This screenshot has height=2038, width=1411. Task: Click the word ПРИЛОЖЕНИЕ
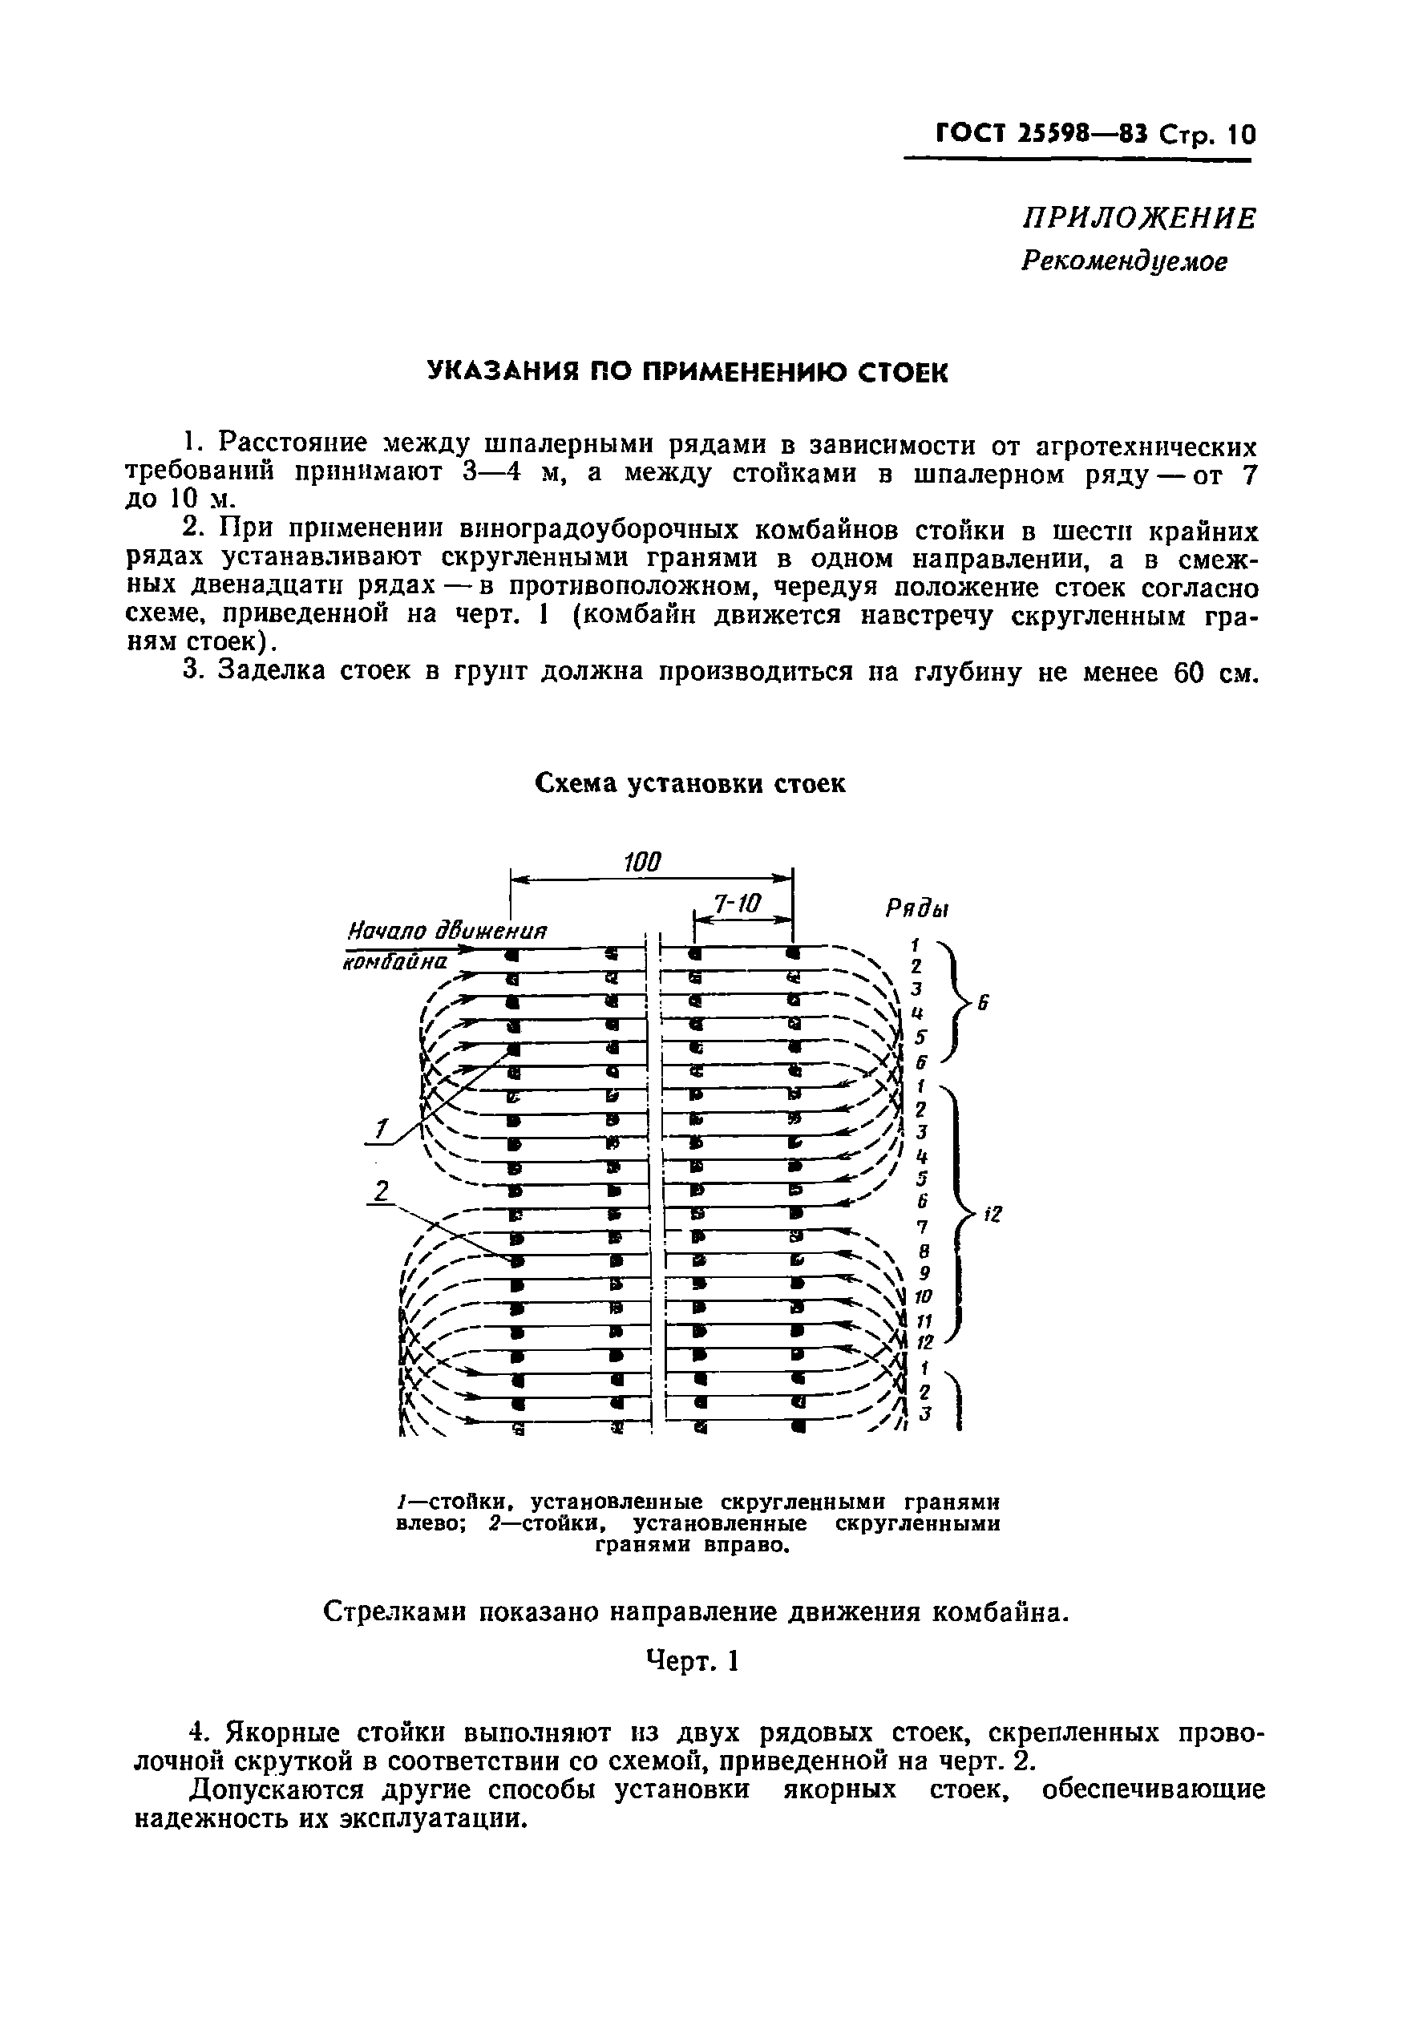pyautogui.click(x=1138, y=218)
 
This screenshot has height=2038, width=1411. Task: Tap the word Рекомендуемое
pyautogui.click(x=1124, y=261)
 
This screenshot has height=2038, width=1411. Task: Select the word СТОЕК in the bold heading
pyautogui.click(x=903, y=372)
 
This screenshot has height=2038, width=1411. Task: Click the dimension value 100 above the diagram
pyautogui.click(x=643, y=862)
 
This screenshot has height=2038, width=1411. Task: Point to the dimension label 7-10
pyautogui.click(x=737, y=904)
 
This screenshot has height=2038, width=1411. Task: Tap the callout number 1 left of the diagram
pyautogui.click(x=381, y=1130)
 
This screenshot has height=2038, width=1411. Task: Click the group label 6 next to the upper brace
pyautogui.click(x=982, y=1005)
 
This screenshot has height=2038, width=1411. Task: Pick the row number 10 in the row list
pyautogui.click(x=923, y=1297)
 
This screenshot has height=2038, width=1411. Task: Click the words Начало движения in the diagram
pyautogui.click(x=447, y=931)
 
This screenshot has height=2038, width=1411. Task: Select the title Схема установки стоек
pyautogui.click(x=690, y=783)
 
